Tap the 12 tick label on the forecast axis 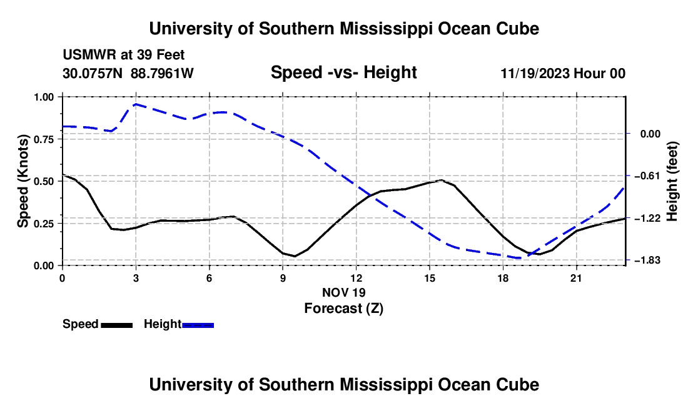pos(357,278)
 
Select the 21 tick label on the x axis pos(576,278)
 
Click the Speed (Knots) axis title pos(23,181)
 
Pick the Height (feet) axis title pos(672,181)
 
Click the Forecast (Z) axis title pos(344,309)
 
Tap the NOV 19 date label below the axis pos(344,292)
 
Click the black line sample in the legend pos(117,325)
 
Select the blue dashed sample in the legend pos(198,325)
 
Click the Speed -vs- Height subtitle pos(343,72)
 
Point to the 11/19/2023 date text pos(535,73)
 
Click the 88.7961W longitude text pos(162,73)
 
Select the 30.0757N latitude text pos(93,73)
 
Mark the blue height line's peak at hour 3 pos(136,104)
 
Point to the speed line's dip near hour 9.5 pos(295,256)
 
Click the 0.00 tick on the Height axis pos(650,134)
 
